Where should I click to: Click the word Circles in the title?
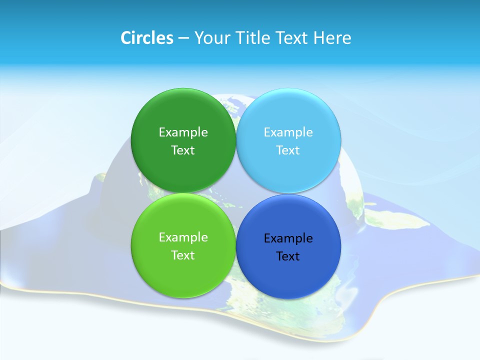[146, 38]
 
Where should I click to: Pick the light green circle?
[183, 270]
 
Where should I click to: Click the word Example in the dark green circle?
[183, 132]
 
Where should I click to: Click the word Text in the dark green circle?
[183, 150]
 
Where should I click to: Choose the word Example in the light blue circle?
[288, 132]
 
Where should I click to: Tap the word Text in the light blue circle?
[288, 150]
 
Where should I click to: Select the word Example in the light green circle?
[183, 237]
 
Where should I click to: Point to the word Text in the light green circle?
[183, 255]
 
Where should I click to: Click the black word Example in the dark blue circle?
[288, 238]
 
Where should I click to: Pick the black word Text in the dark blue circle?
[288, 256]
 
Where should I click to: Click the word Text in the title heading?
[291, 38]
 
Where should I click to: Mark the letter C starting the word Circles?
[126, 38]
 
